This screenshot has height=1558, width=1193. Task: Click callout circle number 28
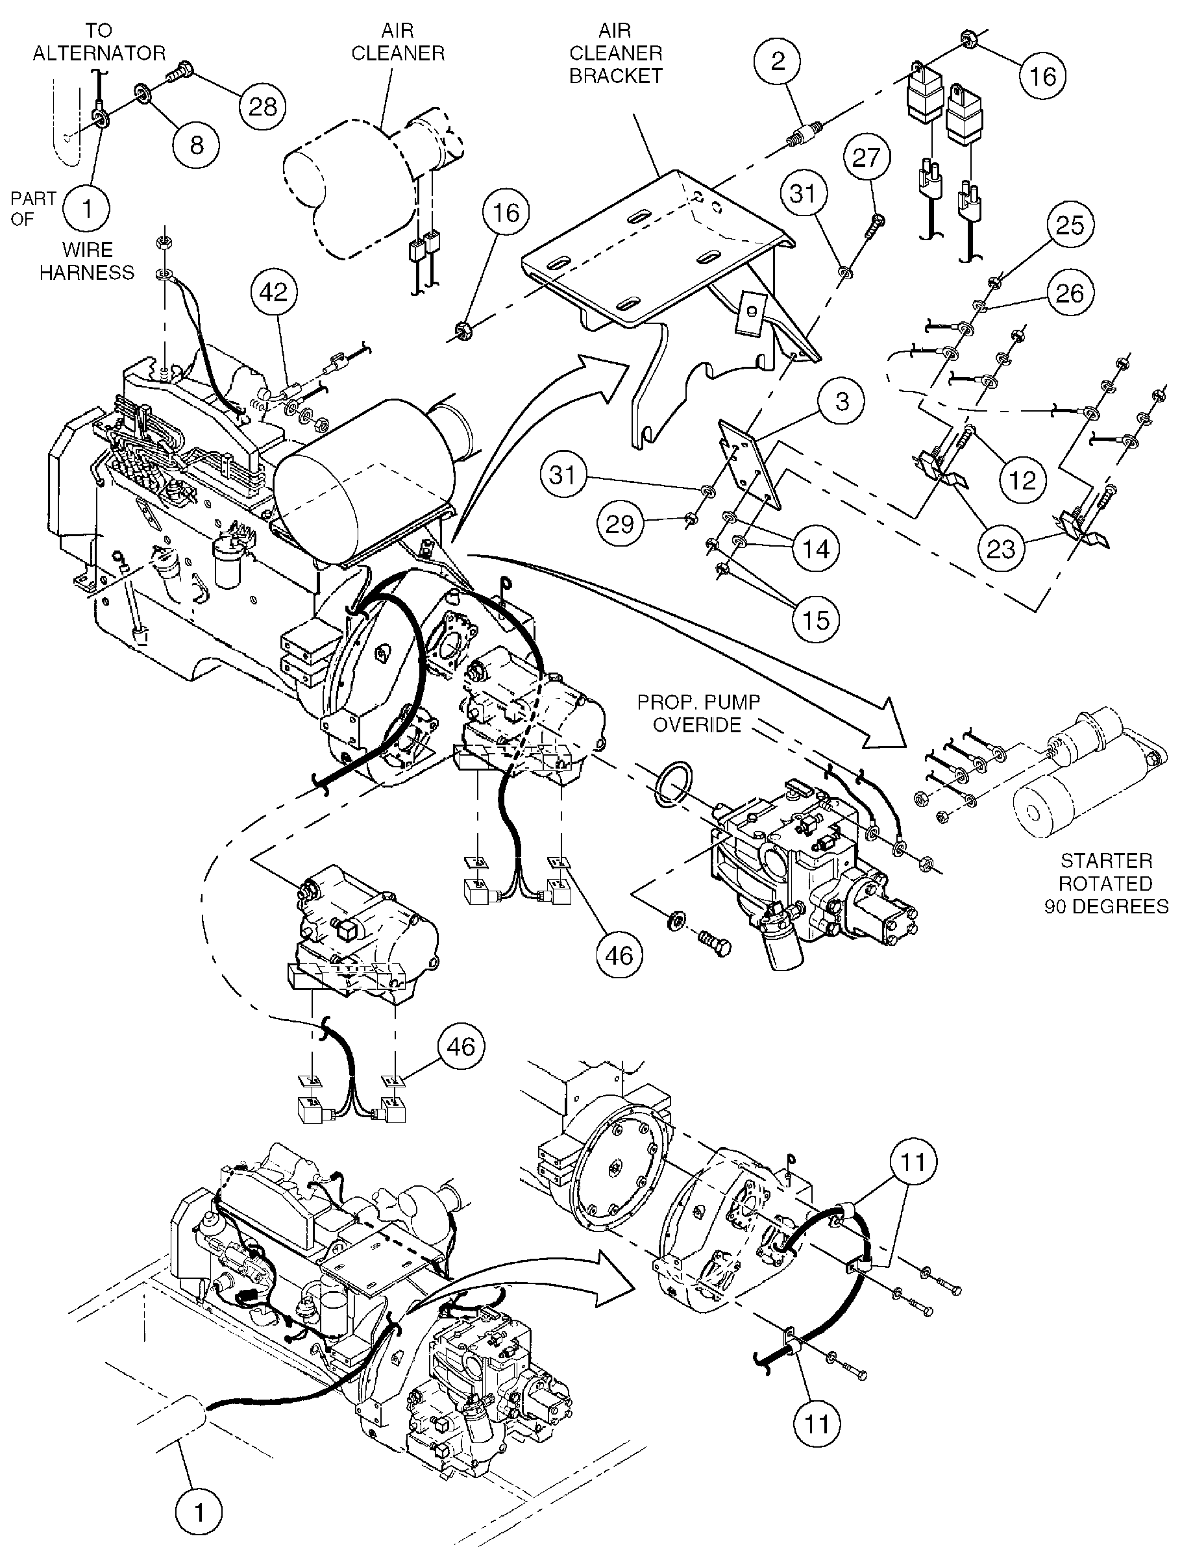coord(262,106)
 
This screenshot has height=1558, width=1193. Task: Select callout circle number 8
coord(197,145)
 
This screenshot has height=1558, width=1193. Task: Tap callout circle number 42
coord(274,292)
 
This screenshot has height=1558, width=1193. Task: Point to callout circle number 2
coord(778,61)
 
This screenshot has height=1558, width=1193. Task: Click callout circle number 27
coord(866,158)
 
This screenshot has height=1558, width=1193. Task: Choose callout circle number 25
coord(1070,225)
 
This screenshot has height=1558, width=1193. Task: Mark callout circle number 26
coord(1070,293)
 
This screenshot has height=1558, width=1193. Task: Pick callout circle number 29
coord(619,524)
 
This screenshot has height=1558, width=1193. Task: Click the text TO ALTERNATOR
coord(99,42)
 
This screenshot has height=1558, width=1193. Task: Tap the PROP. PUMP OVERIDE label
coord(698,713)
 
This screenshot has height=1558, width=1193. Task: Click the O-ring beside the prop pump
coord(672,784)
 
